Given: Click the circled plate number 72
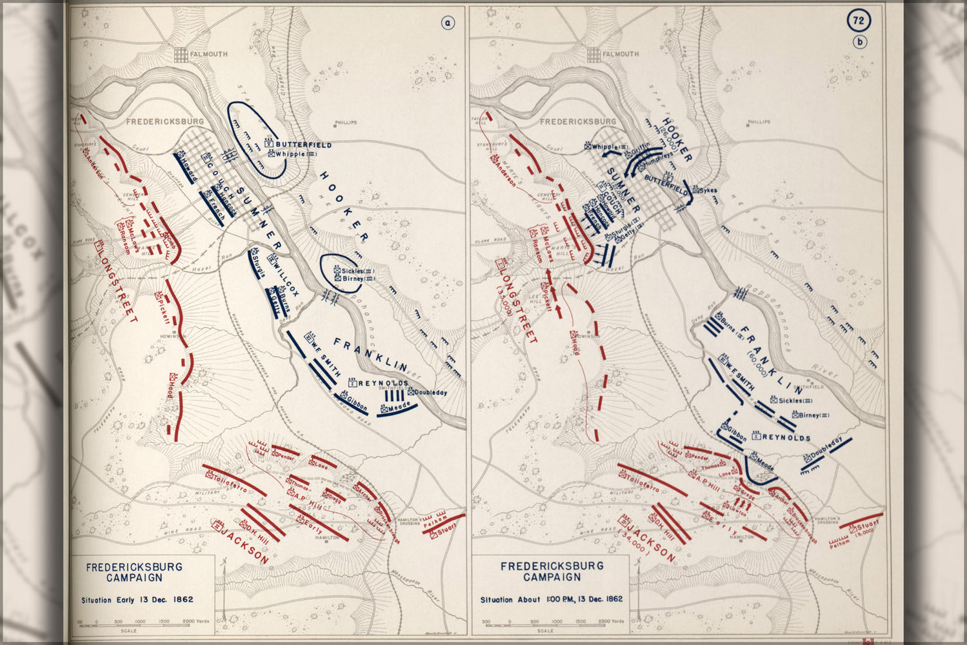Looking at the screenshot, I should point(858,21).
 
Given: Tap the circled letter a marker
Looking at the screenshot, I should point(448,23).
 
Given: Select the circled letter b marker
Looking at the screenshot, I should point(860,43).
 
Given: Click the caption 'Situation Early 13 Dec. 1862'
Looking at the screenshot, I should point(137,599).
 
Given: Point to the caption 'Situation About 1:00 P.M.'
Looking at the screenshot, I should point(551,599).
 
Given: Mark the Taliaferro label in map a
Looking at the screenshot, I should point(230,482).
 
